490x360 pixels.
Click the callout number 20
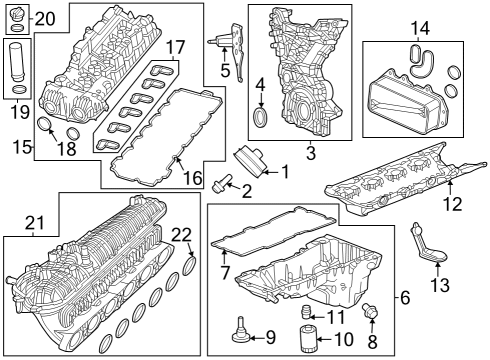click(x=46, y=18)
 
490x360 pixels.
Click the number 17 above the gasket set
click(x=175, y=47)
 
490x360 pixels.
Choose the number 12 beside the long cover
click(x=453, y=204)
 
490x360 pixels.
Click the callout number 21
click(x=36, y=223)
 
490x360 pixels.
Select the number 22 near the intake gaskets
click(x=181, y=235)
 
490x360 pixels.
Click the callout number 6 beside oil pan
click(x=405, y=297)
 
